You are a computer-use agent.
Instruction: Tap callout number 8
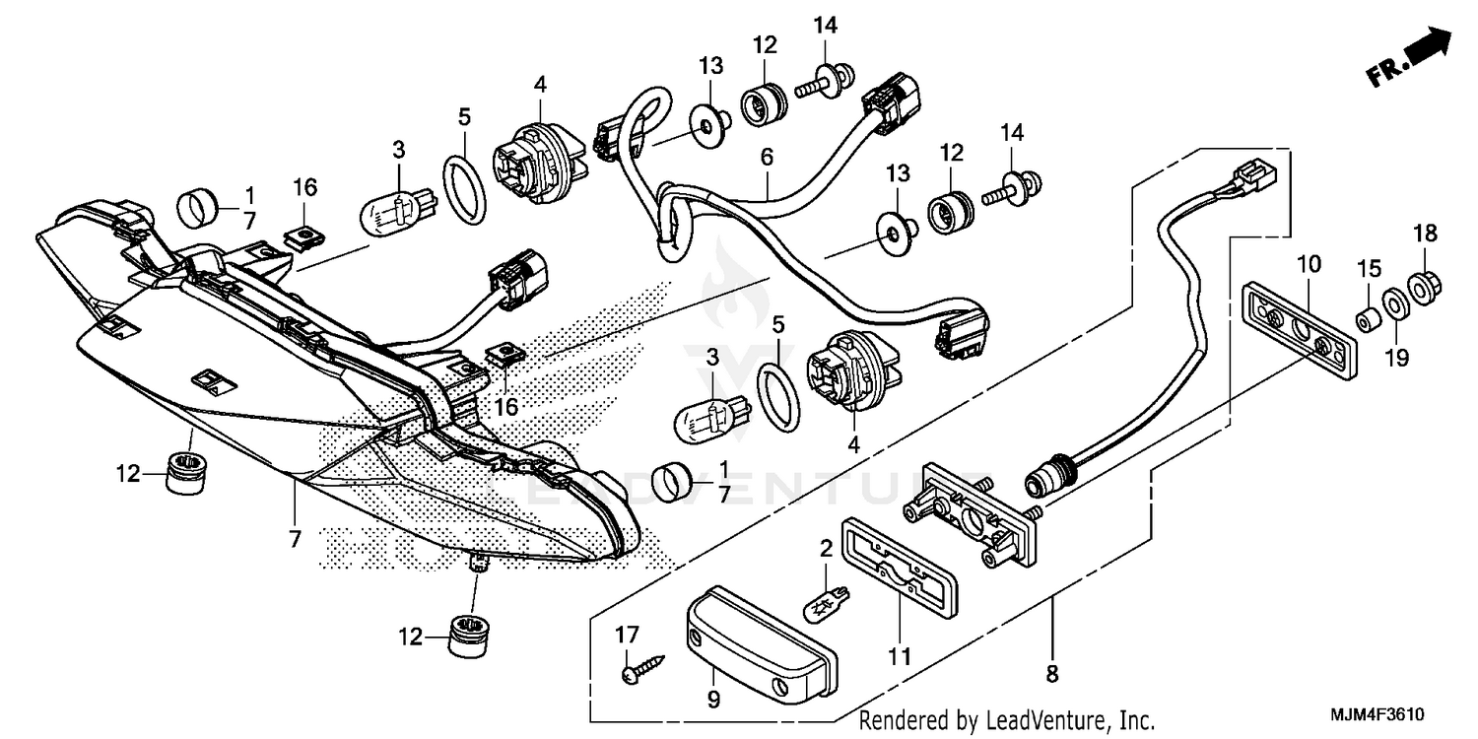1052,675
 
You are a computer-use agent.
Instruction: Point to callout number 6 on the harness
767,157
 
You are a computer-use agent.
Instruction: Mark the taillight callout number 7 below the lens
295,538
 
